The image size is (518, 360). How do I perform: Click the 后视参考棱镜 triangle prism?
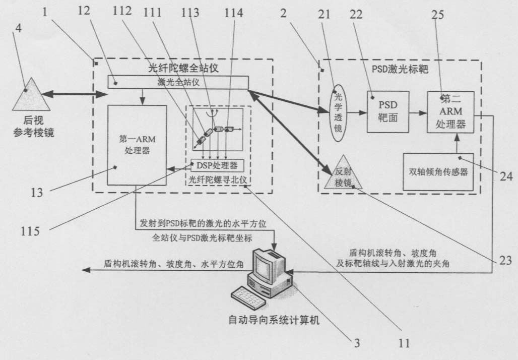click(x=31, y=96)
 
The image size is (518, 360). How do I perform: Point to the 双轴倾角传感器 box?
click(x=438, y=171)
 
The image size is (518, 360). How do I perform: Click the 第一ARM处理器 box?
click(x=137, y=145)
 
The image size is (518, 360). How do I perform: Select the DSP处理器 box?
click(x=217, y=165)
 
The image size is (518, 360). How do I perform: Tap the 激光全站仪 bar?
click(x=178, y=82)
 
